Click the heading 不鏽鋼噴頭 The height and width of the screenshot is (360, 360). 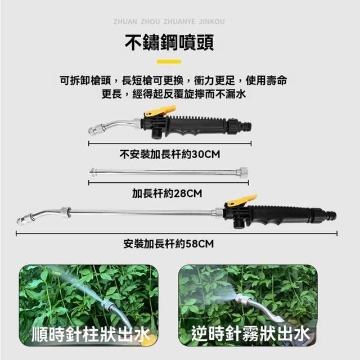(x=169, y=43)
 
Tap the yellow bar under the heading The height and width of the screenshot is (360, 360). (x=169, y=61)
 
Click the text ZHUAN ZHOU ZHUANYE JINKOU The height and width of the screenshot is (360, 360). (x=169, y=22)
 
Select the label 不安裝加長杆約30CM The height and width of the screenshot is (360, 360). (x=170, y=154)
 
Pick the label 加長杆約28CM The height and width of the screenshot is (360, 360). (x=167, y=193)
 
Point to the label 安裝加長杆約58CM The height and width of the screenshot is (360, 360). (x=169, y=244)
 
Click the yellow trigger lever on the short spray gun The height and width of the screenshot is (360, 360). (x=161, y=111)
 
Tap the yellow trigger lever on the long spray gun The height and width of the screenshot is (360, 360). (x=241, y=200)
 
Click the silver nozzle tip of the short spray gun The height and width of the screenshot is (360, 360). (x=94, y=129)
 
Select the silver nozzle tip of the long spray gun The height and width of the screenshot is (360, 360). (x=24, y=219)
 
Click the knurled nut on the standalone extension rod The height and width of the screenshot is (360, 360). (x=244, y=172)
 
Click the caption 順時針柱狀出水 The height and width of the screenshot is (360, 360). (x=90, y=334)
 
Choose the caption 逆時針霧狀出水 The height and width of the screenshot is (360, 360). (x=250, y=334)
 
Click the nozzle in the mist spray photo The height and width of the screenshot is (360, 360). (x=242, y=299)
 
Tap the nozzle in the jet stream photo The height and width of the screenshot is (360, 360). (x=107, y=305)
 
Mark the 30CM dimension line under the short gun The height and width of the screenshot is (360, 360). (x=170, y=144)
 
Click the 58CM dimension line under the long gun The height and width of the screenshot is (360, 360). (x=177, y=234)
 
